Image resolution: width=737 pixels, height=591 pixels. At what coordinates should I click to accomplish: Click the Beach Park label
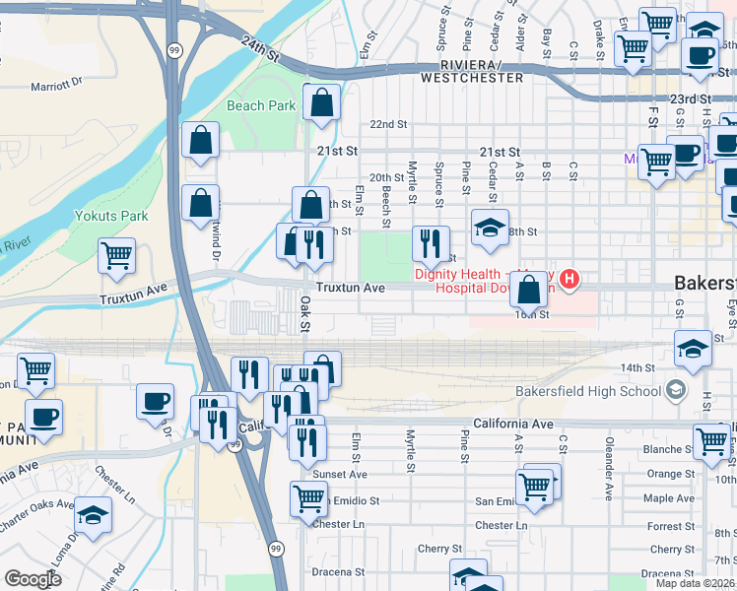[260, 105]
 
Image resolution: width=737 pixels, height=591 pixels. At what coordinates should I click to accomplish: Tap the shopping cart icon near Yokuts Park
[117, 256]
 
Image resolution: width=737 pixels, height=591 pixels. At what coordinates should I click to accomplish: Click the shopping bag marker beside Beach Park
[321, 102]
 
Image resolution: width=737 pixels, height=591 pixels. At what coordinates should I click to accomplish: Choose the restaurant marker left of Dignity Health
[431, 243]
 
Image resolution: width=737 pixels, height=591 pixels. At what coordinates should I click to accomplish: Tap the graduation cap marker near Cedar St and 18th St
[490, 228]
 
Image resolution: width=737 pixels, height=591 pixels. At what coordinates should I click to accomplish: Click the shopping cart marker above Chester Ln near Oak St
[308, 499]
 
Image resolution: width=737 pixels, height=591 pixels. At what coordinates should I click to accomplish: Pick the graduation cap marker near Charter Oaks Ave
[94, 514]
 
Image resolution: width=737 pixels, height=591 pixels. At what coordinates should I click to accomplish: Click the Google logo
[33, 579]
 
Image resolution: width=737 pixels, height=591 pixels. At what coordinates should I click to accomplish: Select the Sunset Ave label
[340, 474]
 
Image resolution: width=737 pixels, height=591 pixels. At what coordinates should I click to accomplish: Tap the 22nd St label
[388, 124]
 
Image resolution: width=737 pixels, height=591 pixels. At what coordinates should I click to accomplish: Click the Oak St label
[305, 315]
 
